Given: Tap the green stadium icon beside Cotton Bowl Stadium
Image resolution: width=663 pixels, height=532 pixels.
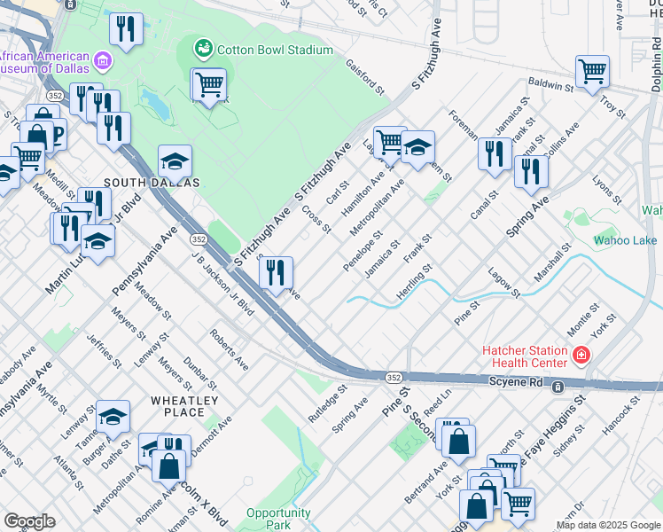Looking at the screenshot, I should coord(204,47).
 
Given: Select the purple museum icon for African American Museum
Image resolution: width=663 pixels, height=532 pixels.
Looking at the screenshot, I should coord(104,61).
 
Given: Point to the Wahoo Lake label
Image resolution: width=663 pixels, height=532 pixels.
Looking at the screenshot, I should coord(625,240).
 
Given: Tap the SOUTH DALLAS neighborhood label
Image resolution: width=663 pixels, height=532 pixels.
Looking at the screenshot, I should coord(147,182).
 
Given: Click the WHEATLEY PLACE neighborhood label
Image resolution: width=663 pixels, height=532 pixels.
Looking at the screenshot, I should coord(183,406).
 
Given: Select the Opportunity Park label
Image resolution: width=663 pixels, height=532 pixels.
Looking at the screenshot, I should coord(278,519).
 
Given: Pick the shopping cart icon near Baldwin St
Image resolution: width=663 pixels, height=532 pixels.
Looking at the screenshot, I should coord(592,70).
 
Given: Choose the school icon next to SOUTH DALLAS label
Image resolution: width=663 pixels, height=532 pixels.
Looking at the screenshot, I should coord(175,161).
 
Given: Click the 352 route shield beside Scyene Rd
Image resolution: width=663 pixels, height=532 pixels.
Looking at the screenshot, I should coord(394,377).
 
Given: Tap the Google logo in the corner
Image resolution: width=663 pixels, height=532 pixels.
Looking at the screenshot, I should coord(29,521).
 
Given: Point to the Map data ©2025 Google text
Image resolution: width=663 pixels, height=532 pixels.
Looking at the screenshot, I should coord(608,525).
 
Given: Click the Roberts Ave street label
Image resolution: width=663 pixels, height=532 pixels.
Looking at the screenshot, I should coord(230,349).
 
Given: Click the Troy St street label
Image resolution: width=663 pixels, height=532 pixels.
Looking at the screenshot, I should coord(612,108).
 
